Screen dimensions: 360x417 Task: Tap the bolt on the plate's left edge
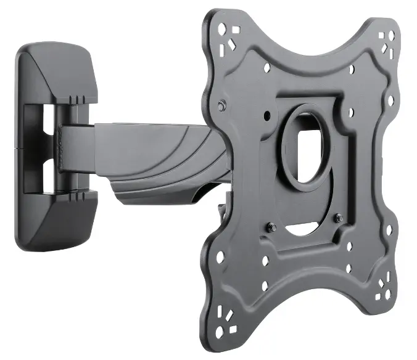click(x=221, y=107)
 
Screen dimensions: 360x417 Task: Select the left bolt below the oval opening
click(x=270, y=227)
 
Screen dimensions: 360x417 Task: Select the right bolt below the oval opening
click(x=339, y=216)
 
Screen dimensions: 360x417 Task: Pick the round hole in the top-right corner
click(x=389, y=38)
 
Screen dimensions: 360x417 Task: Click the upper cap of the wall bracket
click(x=59, y=74)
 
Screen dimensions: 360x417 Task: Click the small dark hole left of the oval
click(x=266, y=115)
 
